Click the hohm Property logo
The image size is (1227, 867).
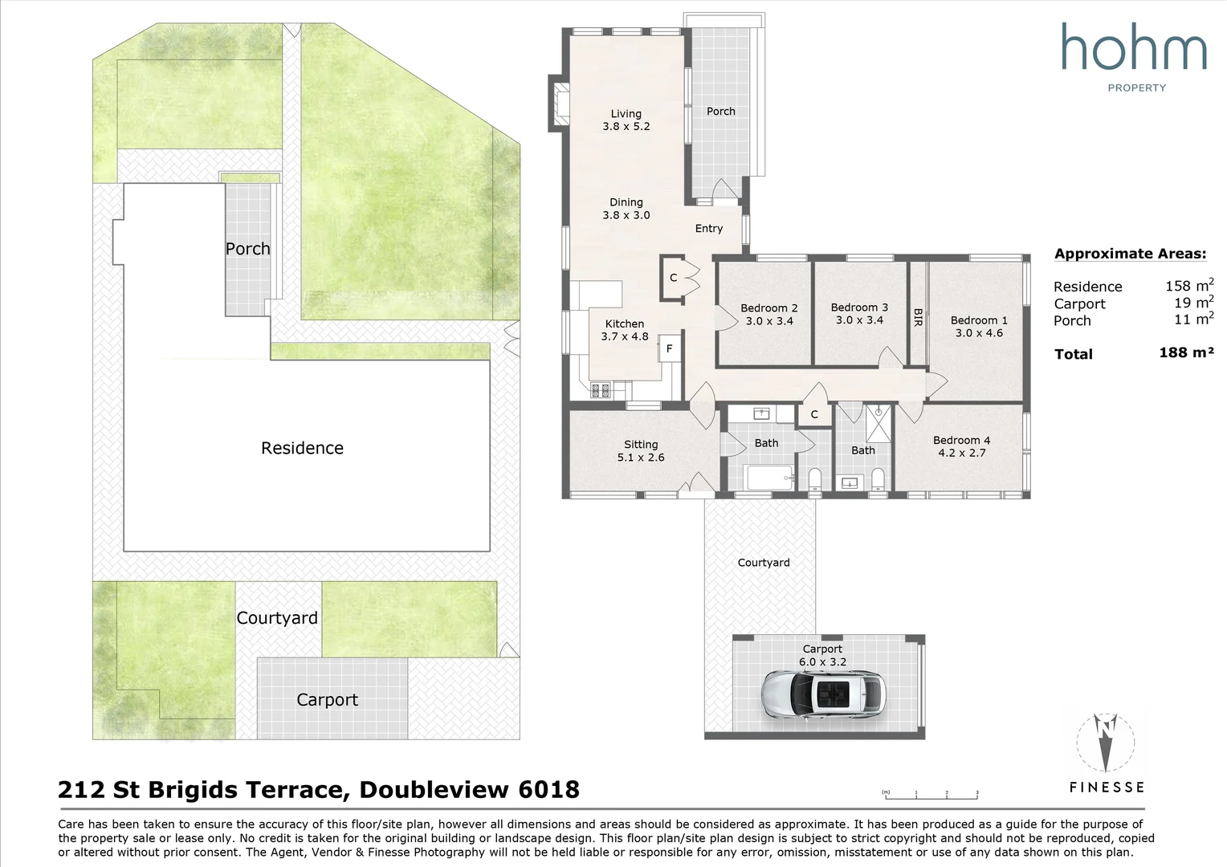pos(1134,57)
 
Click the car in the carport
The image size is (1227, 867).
pos(824,694)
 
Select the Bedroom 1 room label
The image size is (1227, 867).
pos(978,327)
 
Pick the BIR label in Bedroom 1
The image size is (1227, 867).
pos(918,318)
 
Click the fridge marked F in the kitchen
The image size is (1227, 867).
pos(670,348)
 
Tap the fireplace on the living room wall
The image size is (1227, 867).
pos(559,104)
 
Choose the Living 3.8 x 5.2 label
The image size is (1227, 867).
pos(626,120)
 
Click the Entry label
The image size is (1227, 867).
pos(709,228)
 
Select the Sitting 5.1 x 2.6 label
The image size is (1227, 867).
pos(641,450)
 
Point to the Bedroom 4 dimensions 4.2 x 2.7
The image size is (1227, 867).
pos(962,453)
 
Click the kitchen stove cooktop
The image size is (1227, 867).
pos(601,390)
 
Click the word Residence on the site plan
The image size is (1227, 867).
pos(303,448)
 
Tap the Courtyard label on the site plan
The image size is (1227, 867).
pos(277,618)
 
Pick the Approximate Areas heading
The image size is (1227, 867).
pos(1131,254)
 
